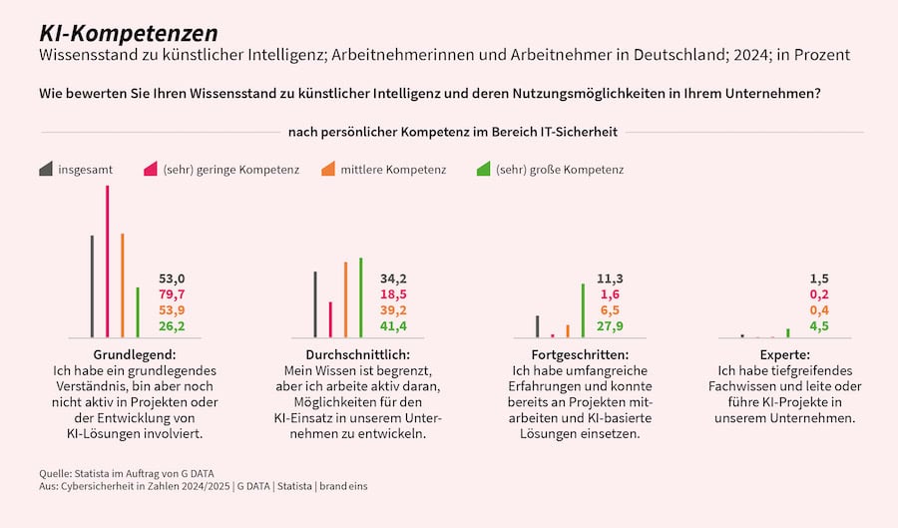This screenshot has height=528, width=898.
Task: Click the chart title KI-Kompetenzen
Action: click(127, 34)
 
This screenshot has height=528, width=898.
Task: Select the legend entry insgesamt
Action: click(83, 170)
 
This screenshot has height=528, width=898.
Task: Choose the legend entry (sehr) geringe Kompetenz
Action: click(230, 170)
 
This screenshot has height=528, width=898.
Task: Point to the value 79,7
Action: click(172, 294)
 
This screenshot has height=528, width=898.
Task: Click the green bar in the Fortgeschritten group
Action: click(583, 310)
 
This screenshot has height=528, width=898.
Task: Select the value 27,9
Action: click(610, 326)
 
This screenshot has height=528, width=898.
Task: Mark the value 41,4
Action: click(393, 326)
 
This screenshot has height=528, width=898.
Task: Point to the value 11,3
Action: click(610, 278)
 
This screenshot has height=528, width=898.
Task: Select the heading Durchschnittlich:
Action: click(357, 355)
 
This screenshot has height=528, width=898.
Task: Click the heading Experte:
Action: click(784, 355)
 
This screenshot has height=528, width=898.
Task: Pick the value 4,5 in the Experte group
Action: click(819, 326)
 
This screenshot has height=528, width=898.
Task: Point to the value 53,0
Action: click(172, 278)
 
